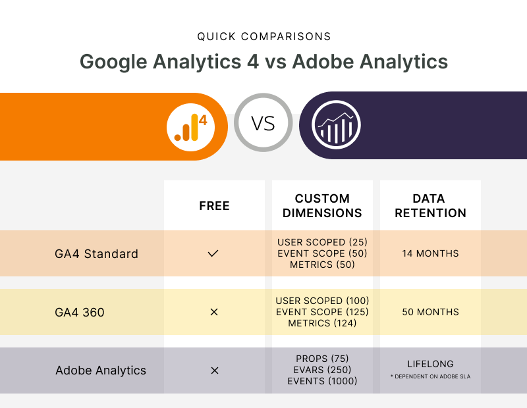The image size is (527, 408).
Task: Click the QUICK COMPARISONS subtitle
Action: (264, 36)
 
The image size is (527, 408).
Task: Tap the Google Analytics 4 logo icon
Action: (190, 127)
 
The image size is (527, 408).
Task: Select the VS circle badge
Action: (263, 122)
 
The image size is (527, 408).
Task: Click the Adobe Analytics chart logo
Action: (336, 124)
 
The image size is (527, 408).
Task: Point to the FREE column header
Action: (215, 205)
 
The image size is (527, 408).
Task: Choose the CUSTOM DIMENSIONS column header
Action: (322, 205)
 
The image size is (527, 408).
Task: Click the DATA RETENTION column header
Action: (430, 205)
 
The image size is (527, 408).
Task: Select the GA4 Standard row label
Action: (96, 254)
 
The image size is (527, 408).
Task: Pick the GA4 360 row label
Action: (80, 313)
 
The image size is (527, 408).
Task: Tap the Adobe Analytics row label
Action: (101, 370)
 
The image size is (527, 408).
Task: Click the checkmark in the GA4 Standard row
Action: (213, 253)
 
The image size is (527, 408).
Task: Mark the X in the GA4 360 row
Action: (213, 312)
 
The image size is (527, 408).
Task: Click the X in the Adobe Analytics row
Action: (215, 370)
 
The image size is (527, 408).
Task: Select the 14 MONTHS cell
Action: (430, 253)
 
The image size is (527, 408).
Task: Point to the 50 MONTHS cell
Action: (430, 312)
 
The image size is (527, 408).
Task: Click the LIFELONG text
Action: (430, 364)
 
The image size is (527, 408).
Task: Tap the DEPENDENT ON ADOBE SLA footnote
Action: (431, 376)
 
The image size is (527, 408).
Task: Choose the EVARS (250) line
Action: (322, 370)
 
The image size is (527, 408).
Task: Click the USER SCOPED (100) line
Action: (322, 301)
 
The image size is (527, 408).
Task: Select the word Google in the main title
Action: (113, 62)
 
